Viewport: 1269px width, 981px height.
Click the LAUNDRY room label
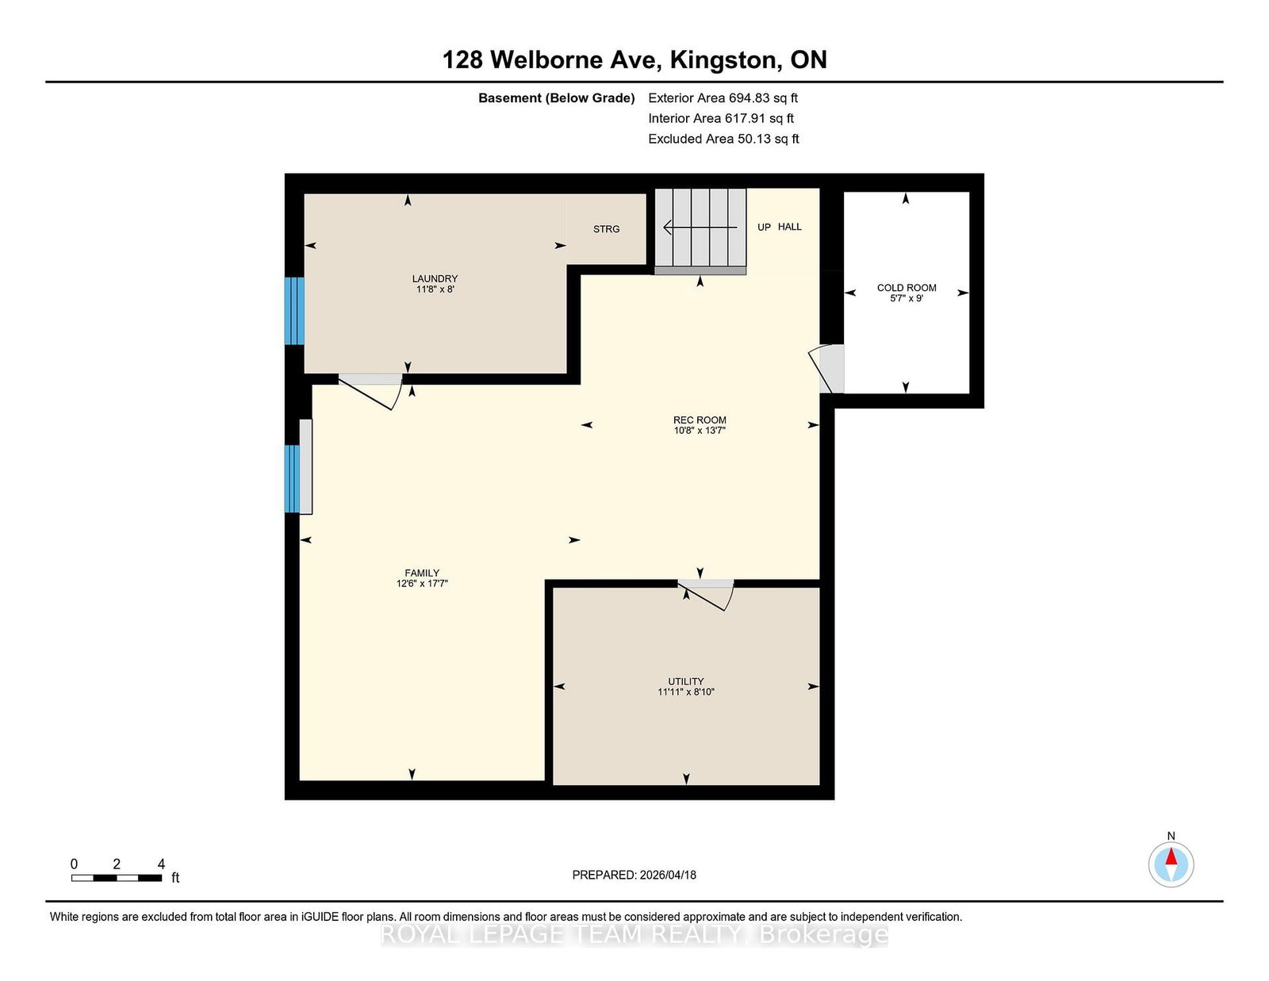435,278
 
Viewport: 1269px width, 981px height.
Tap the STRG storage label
606,229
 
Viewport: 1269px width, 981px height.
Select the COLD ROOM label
907,288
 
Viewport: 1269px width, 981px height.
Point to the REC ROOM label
700,420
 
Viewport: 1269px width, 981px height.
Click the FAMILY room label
422,573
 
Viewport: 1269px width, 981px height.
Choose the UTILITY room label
685,681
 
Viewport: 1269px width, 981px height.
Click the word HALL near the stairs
789,227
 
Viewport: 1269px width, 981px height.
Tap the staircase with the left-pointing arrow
700,232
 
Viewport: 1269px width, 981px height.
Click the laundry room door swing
371,391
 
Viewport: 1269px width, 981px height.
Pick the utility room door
706,595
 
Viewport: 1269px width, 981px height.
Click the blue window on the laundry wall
294,311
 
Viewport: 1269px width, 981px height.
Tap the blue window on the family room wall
292,479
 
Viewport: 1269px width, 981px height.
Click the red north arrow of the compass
1171,856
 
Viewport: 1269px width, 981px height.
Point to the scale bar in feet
117,878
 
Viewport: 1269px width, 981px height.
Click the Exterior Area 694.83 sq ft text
723,98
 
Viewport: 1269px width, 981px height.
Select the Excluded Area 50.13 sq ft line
723,139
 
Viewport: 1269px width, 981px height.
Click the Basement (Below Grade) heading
557,98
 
